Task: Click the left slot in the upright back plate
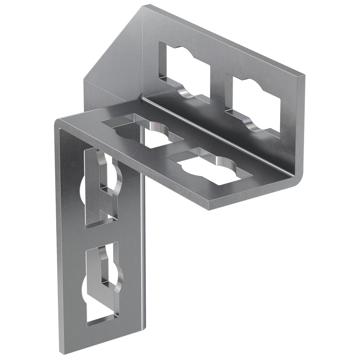[x=184, y=70]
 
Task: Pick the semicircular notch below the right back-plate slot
[x=254, y=126]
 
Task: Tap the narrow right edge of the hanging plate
[x=144, y=252]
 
